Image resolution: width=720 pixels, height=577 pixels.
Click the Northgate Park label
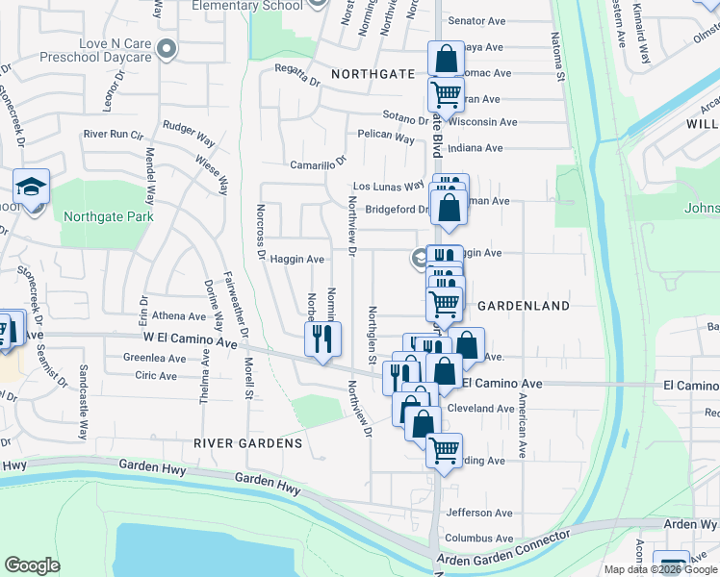(107, 216)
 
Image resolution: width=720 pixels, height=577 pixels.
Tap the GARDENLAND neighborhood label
(524, 305)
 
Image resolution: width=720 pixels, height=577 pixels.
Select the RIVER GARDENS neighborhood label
(247, 443)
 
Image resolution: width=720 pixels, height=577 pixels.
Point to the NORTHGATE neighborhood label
(373, 73)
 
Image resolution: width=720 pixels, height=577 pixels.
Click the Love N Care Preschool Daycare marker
(167, 47)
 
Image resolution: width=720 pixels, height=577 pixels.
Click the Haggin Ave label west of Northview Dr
(296, 259)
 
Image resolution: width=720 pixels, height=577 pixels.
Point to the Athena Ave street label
(179, 315)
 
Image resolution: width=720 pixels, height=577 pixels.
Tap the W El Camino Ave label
(190, 339)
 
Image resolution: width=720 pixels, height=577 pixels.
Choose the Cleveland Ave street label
(481, 409)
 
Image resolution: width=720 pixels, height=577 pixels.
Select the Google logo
(32, 565)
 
